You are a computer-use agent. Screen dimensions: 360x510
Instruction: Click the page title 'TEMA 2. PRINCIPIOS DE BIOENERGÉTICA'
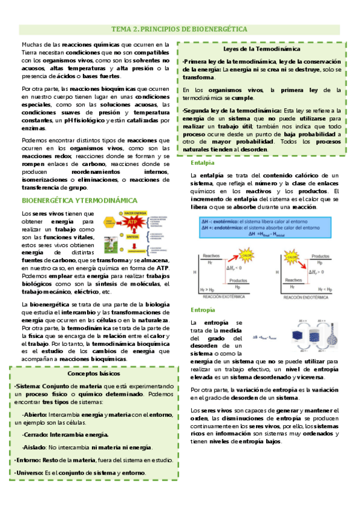tap(180, 29)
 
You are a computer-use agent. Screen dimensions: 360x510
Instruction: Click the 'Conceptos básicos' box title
tap(97, 373)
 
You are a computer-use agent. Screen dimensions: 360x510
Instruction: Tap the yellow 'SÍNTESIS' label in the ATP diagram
tap(133, 237)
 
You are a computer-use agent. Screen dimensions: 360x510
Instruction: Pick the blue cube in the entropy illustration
tap(290, 337)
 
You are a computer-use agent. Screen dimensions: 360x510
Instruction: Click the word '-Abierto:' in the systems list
tap(35, 415)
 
